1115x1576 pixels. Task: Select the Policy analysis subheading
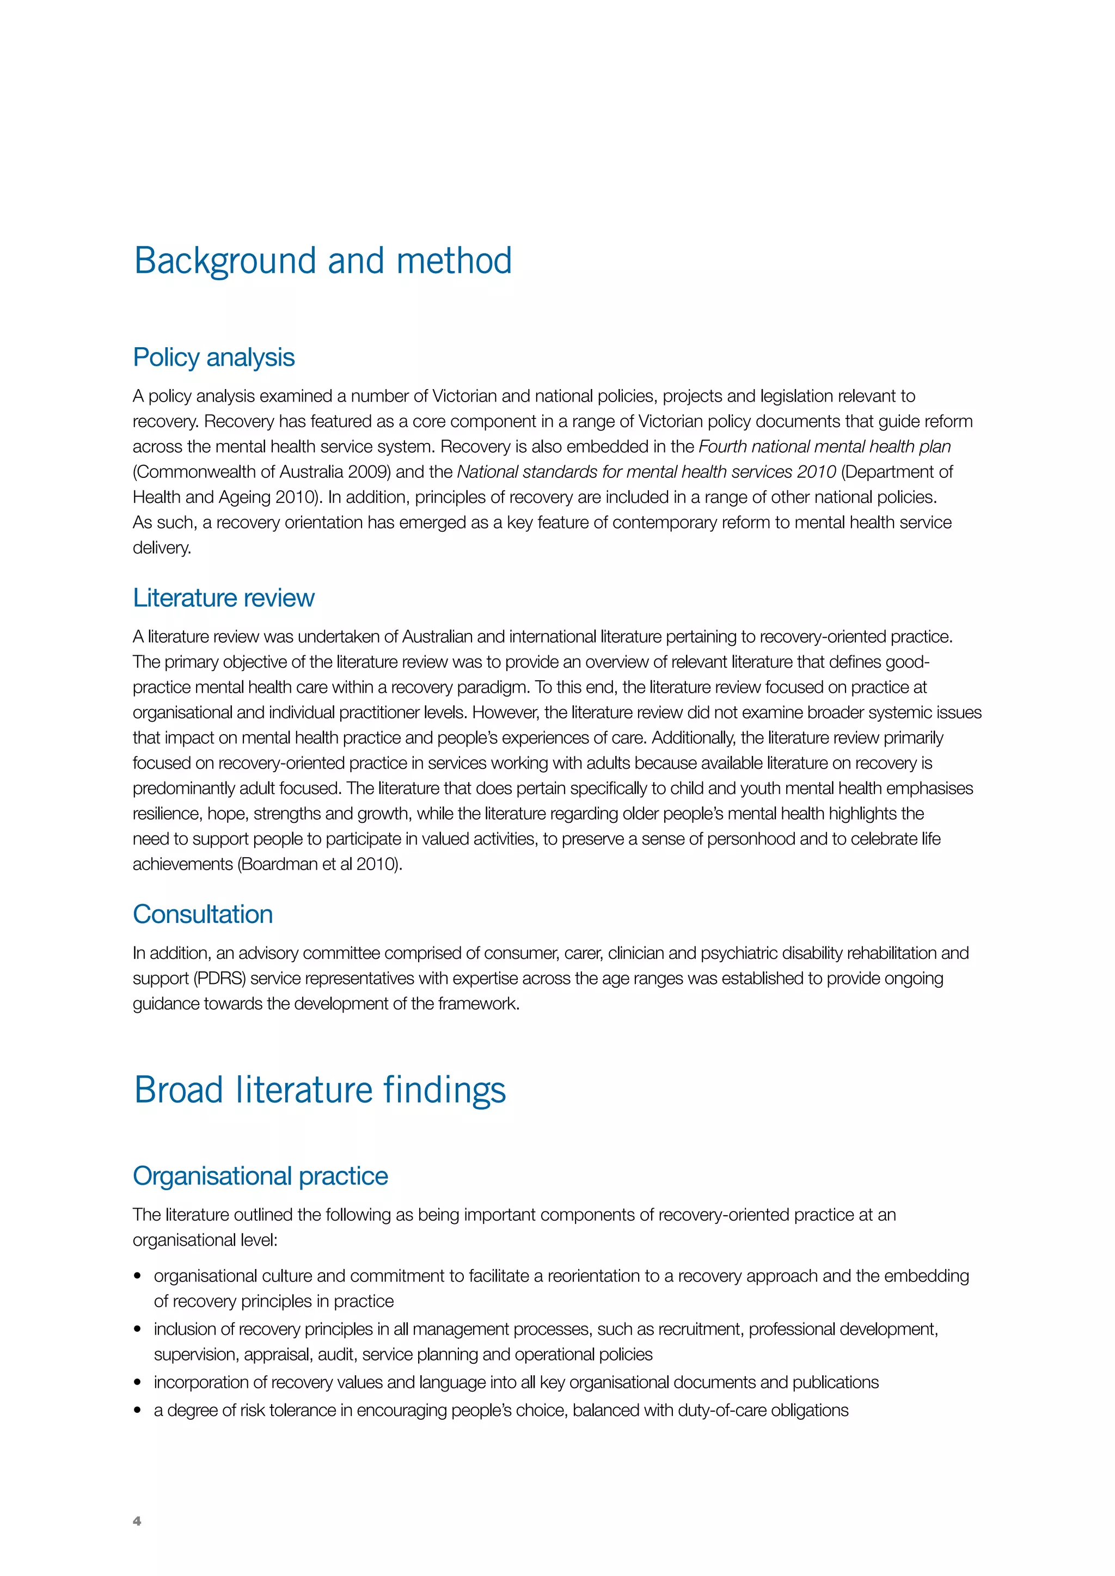pyautogui.click(x=213, y=358)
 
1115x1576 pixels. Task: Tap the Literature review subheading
pyautogui.click(x=223, y=598)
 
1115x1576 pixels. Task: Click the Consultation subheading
pyautogui.click(x=203, y=914)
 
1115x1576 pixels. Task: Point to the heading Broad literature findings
pyautogui.click(x=320, y=1090)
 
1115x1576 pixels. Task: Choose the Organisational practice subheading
pyautogui.click(x=260, y=1176)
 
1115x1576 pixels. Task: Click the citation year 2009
pyautogui.click(x=369, y=472)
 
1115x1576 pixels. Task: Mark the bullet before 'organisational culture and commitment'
pyautogui.click(x=138, y=1276)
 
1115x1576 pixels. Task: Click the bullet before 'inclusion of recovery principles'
pyautogui.click(x=138, y=1329)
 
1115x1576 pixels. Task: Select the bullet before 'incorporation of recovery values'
pyautogui.click(x=138, y=1382)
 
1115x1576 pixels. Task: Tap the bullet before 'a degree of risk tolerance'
pyautogui.click(x=138, y=1411)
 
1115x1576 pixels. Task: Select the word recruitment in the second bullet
pyautogui.click(x=700, y=1329)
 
